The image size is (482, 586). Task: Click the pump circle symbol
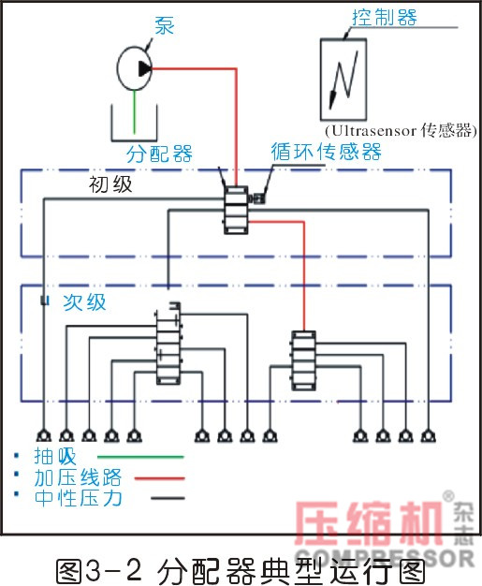point(139,66)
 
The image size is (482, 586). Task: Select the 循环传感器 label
point(326,152)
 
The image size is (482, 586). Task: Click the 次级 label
point(85,302)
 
